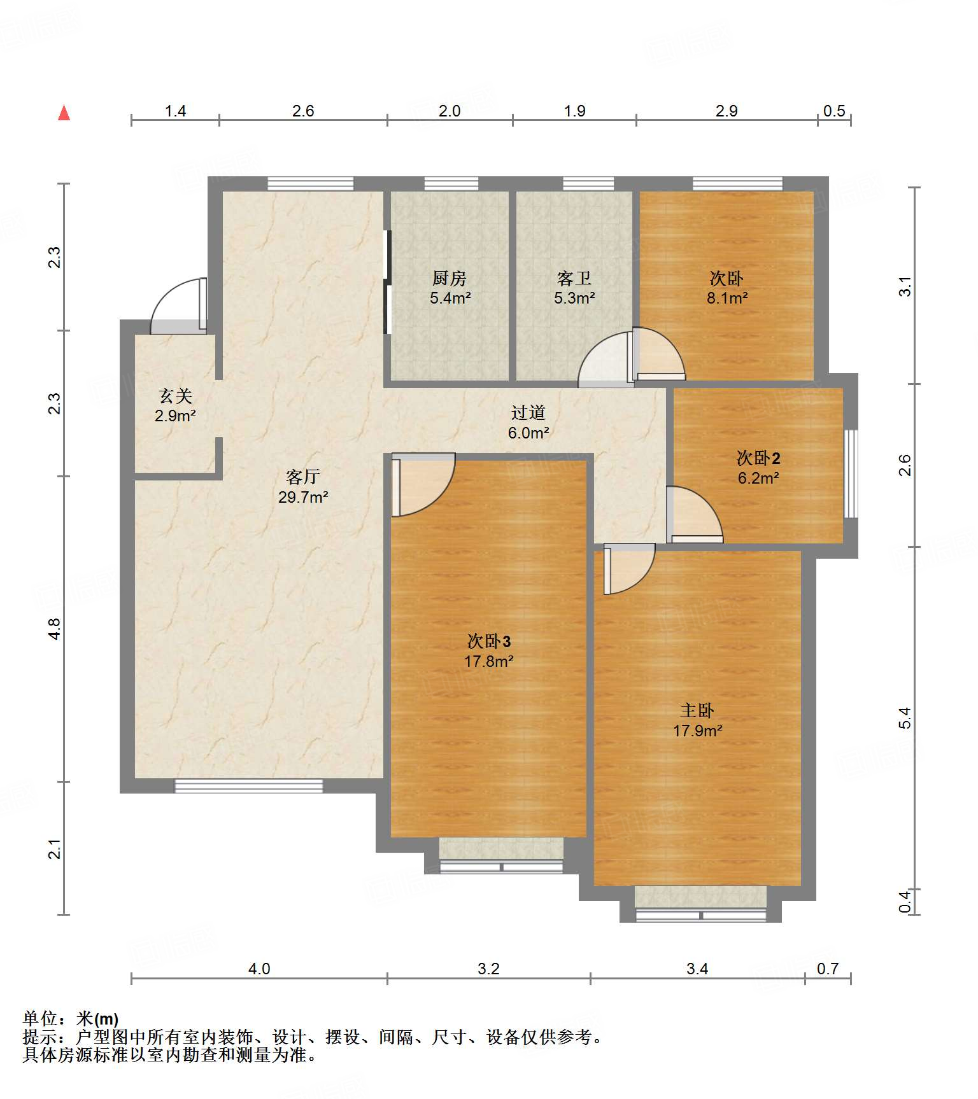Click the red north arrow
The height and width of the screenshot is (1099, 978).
pos(64,113)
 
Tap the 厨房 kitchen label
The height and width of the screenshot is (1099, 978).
pos(450,278)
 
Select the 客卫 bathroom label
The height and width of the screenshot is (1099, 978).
pos(574,278)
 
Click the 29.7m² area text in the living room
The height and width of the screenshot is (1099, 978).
pos(303,497)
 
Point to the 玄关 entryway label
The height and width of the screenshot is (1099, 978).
pos(175,396)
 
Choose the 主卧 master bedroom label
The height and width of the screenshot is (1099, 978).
pos(697,710)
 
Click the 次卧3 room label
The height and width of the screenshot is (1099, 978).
pos(489,641)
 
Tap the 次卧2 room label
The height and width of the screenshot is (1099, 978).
pos(758,458)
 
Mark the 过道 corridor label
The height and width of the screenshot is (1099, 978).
pos(528,413)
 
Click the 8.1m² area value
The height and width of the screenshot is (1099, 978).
pos(727,298)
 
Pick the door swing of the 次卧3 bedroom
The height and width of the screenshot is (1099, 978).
pos(423,484)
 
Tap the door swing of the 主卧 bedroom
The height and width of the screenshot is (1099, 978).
pos(629,569)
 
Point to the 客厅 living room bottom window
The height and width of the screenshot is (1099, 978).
pos(249,786)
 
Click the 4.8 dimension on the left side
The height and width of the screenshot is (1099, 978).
pos(55,629)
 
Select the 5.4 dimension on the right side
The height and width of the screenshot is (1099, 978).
pos(905,718)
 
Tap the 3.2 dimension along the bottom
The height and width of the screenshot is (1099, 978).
pos(488,969)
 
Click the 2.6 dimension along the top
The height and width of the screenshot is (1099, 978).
pos(303,111)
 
